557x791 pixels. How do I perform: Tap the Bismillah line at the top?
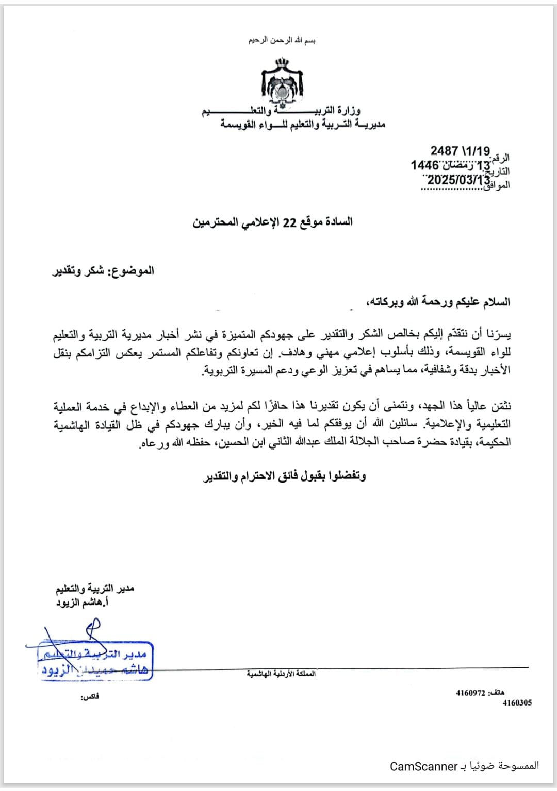tap(282, 40)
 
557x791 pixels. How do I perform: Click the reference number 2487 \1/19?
tap(460, 151)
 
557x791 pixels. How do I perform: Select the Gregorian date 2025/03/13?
tap(458, 180)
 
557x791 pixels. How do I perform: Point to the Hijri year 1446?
tap(424, 165)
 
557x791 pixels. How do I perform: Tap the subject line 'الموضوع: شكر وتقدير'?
tap(103, 270)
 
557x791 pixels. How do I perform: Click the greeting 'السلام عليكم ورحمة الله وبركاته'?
tap(437, 302)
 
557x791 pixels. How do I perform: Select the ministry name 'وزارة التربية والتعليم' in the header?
tap(281, 110)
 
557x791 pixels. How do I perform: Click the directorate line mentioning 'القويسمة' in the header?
tap(303, 124)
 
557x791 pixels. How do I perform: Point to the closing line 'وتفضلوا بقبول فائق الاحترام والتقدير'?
tap(284, 476)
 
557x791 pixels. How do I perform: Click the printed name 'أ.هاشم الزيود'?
tap(83, 602)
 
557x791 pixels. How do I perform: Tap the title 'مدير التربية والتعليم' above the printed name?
tap(95, 588)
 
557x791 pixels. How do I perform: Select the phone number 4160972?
tap(470, 693)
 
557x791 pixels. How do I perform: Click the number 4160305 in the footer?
tap(517, 702)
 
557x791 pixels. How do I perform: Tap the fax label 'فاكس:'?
tap(89, 697)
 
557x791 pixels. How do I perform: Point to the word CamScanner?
tap(424, 766)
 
